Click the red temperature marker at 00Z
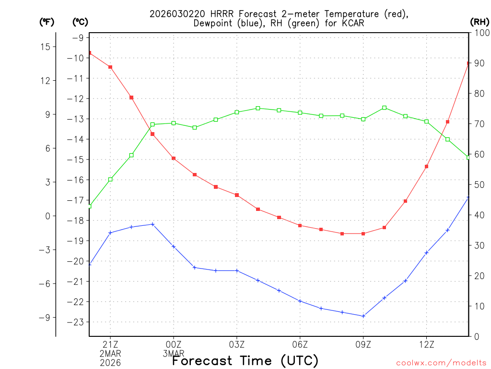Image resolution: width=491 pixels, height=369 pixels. pyautogui.click(x=174, y=158)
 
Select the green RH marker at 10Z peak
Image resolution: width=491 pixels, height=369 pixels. pyautogui.click(x=384, y=108)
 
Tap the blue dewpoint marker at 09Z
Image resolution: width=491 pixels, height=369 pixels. pyautogui.click(x=363, y=316)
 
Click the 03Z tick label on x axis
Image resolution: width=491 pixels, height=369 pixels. pyautogui.click(x=237, y=344)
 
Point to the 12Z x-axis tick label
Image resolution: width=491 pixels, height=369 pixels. pyautogui.click(x=426, y=344)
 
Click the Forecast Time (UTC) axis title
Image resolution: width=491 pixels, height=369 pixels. pyautogui.click(x=245, y=360)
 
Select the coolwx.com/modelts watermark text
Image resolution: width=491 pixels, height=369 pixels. pyautogui.click(x=441, y=363)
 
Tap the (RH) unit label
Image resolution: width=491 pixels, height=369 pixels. pyautogui.click(x=479, y=22)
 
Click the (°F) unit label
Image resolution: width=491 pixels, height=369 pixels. pyautogui.click(x=47, y=22)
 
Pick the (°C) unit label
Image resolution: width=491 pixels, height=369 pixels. pyautogui.click(x=80, y=22)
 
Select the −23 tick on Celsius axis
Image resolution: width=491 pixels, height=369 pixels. pyautogui.click(x=78, y=322)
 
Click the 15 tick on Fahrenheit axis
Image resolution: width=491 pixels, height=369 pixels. pyautogui.click(x=46, y=47)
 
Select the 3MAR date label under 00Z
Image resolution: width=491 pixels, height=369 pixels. pyautogui.click(x=174, y=354)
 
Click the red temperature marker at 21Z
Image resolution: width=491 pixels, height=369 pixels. pyautogui.click(x=110, y=67)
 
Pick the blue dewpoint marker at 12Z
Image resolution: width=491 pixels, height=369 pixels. pyautogui.click(x=426, y=252)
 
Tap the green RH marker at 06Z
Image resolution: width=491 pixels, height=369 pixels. pyautogui.click(x=300, y=112)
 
